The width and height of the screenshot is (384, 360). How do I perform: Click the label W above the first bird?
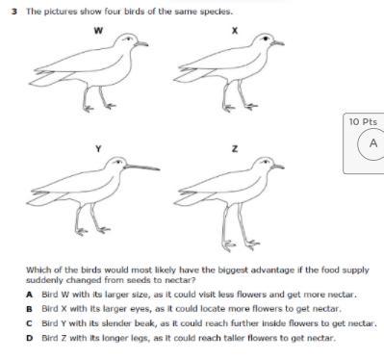[x=98, y=31]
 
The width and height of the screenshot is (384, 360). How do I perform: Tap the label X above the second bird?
[x=235, y=31]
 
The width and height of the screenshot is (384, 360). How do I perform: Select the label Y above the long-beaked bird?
[x=98, y=149]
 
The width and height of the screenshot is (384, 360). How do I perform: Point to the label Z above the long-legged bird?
[x=235, y=149]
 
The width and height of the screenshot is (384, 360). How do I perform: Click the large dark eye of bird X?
[x=266, y=39]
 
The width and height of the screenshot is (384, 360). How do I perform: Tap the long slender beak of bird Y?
[x=142, y=167]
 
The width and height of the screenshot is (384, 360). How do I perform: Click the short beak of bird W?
[x=141, y=43]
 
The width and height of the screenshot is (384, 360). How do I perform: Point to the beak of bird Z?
[x=277, y=167]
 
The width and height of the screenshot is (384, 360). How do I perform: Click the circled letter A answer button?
[x=372, y=143]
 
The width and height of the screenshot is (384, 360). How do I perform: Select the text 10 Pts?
[x=363, y=122]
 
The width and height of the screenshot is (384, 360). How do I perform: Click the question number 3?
[x=13, y=12]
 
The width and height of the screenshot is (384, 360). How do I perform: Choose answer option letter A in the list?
[x=30, y=295]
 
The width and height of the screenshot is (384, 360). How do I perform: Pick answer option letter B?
[x=30, y=309]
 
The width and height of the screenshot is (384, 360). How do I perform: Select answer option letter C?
[x=30, y=323]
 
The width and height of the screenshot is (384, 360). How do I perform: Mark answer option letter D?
[x=30, y=338]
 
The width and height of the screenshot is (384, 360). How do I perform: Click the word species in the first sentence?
[x=216, y=12]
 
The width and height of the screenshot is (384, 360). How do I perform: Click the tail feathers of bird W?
[x=48, y=78]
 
